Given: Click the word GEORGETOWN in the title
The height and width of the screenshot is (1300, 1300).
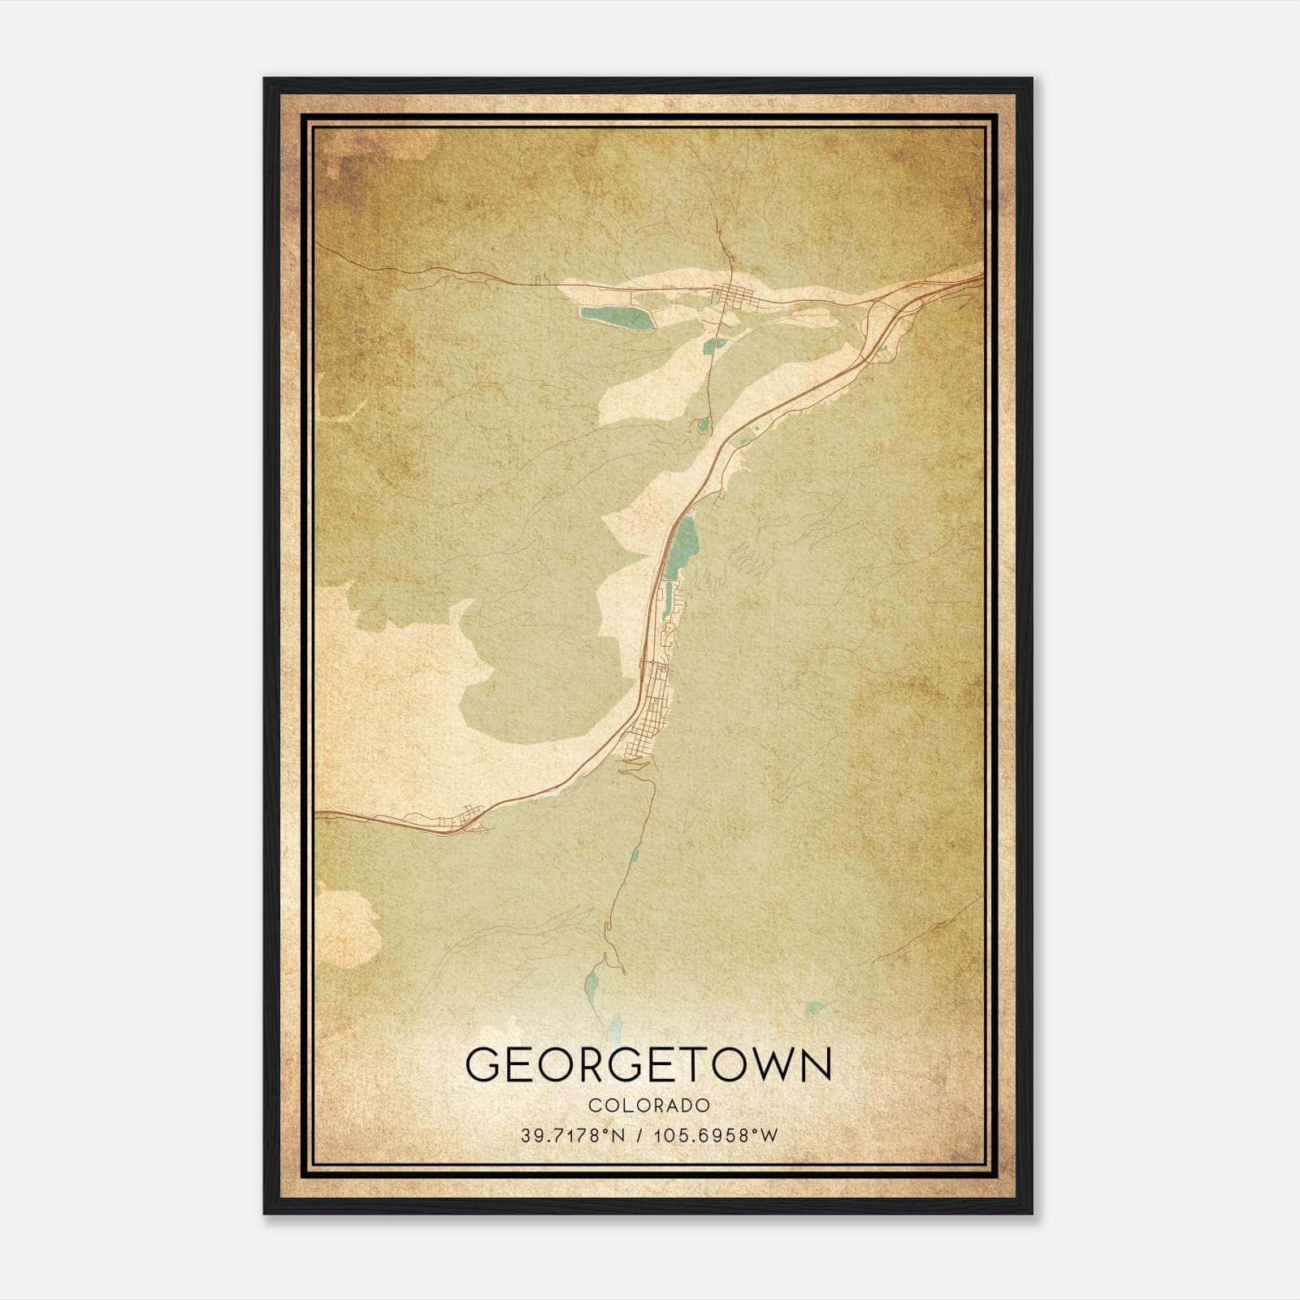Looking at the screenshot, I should coord(649,1064).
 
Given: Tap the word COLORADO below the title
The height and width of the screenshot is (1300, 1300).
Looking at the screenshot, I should coord(649,1105).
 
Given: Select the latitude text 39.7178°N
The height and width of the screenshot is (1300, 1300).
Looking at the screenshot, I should coord(573,1135).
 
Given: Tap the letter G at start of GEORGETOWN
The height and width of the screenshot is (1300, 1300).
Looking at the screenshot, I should coord(486,1064).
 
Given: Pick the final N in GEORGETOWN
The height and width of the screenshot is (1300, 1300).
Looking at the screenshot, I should coord(814,1064).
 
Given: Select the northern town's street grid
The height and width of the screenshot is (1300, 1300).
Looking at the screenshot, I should coord(731,294).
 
